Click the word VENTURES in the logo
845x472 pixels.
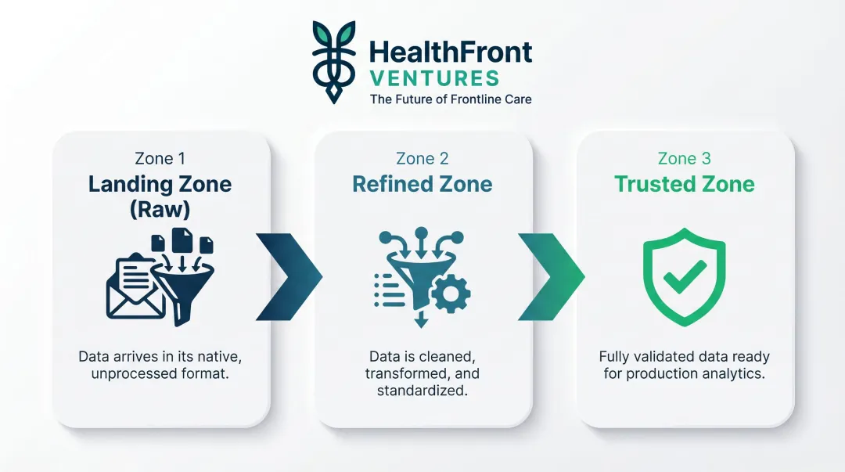(434, 78)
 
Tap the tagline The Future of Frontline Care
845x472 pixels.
(451, 99)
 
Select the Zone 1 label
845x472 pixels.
(160, 159)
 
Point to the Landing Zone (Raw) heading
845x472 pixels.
(160, 196)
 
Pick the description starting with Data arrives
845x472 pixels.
(160, 365)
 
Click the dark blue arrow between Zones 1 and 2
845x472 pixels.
(292, 276)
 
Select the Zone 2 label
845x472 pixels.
(422, 159)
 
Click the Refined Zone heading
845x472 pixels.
(422, 184)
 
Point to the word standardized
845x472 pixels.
(422, 390)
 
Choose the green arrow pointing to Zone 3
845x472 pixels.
(554, 276)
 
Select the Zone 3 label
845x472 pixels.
(684, 159)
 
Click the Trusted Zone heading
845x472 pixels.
(684, 184)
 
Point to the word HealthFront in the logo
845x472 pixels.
(450, 52)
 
